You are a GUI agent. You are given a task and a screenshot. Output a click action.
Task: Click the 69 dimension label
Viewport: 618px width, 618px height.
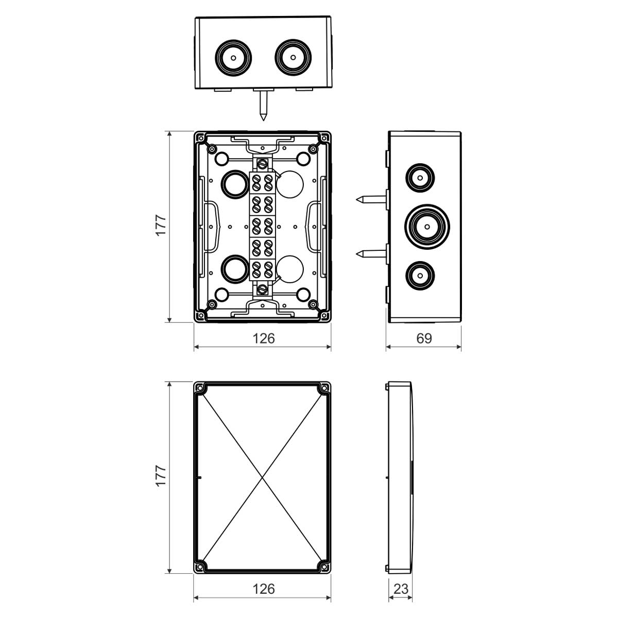[x=423, y=338]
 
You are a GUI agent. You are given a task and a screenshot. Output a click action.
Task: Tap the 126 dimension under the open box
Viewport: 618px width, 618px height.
[x=263, y=338]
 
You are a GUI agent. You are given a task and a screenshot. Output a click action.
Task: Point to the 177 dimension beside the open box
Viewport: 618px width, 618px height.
[x=161, y=225]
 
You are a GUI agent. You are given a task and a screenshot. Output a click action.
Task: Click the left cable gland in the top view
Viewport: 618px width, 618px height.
[x=233, y=57]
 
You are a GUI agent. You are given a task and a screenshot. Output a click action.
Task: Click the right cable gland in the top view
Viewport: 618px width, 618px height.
[x=293, y=57]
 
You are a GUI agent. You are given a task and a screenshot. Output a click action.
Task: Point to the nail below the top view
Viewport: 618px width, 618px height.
[x=263, y=106]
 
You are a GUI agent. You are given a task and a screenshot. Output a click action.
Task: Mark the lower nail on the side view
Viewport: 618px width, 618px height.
[x=370, y=253]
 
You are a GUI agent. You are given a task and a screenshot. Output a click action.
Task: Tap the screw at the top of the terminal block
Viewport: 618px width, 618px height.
[x=263, y=164]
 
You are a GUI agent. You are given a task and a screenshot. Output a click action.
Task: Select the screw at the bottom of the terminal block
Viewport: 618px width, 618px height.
[x=263, y=289]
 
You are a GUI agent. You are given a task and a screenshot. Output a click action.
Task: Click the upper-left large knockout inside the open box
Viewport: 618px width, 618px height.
[x=235, y=183]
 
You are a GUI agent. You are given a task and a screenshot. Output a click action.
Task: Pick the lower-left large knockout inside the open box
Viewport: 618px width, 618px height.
[x=235, y=268]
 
